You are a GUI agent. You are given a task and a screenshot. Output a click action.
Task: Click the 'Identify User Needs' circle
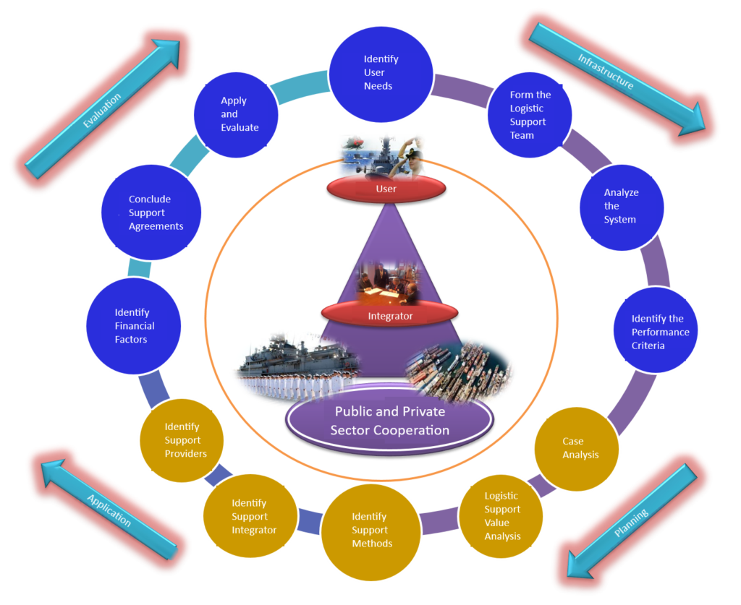pos(381,72)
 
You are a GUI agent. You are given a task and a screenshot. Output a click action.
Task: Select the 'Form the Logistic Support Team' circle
pos(530,114)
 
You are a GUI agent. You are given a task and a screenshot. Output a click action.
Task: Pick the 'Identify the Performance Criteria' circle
pos(656,332)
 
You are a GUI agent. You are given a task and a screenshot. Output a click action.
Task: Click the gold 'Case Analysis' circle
pos(577,448)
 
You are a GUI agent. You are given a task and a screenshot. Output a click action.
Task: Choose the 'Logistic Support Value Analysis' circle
pos(501,516)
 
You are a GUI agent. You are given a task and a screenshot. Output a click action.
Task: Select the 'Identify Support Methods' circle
pos(370,530)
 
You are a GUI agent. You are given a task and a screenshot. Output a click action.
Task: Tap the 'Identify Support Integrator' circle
pos(250,516)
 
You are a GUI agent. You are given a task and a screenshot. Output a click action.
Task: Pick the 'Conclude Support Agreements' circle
pos(151,213)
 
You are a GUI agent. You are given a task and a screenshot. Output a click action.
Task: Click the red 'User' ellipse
pos(386,189)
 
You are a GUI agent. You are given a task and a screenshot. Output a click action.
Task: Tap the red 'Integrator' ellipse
pos(389,315)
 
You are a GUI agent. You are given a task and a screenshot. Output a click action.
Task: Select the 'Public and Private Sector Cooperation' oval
pos(389,421)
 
